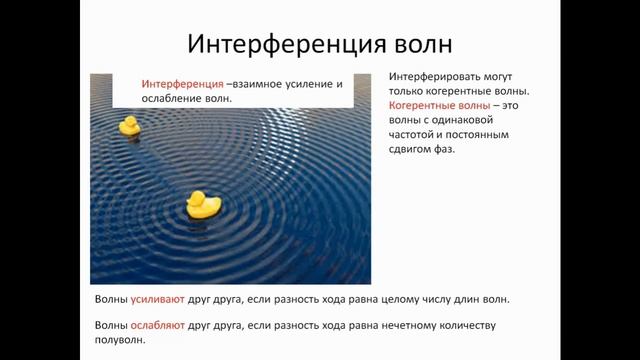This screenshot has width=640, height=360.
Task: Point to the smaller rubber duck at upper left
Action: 129,126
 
